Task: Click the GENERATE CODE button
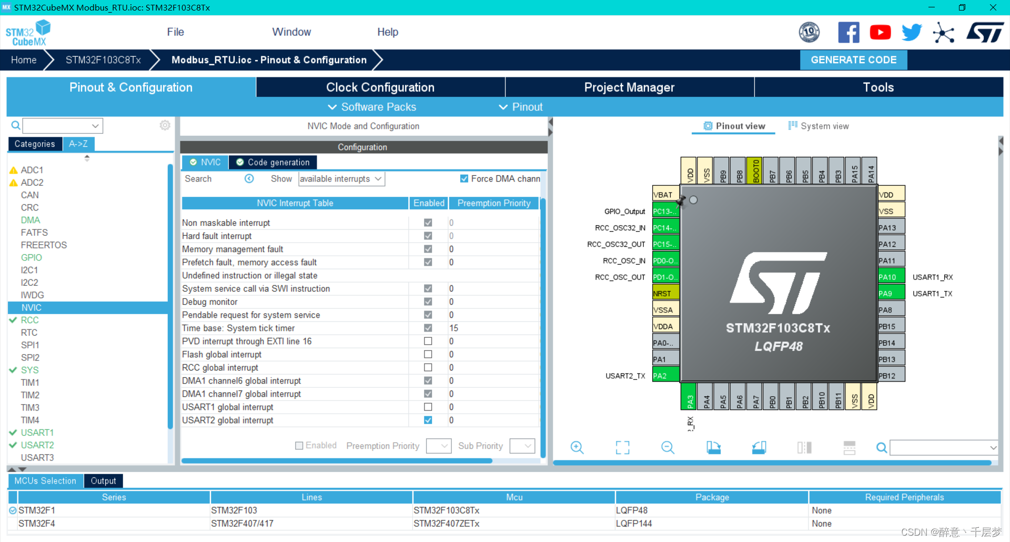point(853,60)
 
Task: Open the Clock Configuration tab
point(380,87)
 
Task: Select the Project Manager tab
point(629,87)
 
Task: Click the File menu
point(175,32)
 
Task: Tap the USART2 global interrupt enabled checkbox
point(428,420)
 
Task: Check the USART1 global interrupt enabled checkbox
point(428,407)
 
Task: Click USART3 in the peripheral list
point(37,458)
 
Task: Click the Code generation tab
point(273,162)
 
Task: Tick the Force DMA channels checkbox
point(464,179)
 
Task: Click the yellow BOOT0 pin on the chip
point(755,170)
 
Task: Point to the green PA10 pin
point(891,277)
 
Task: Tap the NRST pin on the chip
point(665,294)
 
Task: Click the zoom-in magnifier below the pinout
point(577,448)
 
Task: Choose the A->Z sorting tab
point(78,144)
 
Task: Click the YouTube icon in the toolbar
point(880,33)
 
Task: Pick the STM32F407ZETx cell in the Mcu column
point(447,524)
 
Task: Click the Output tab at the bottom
point(103,481)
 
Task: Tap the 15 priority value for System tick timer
point(453,328)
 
